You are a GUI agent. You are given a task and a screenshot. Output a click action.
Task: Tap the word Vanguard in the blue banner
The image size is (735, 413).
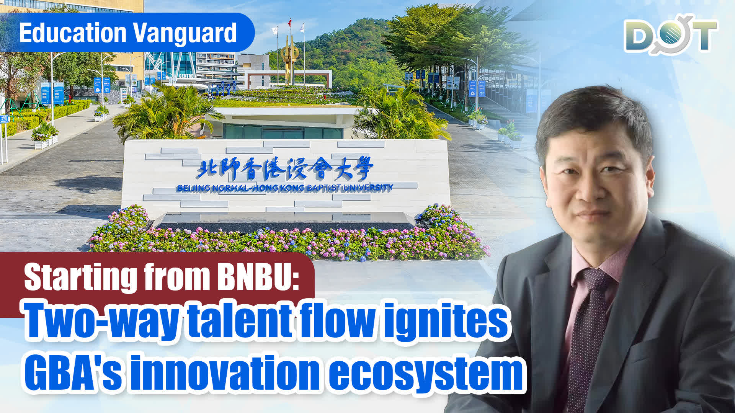pyautogui.click(x=185, y=33)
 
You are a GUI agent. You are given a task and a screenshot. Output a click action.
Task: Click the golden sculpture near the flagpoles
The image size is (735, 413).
pyautogui.click(x=289, y=57)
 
